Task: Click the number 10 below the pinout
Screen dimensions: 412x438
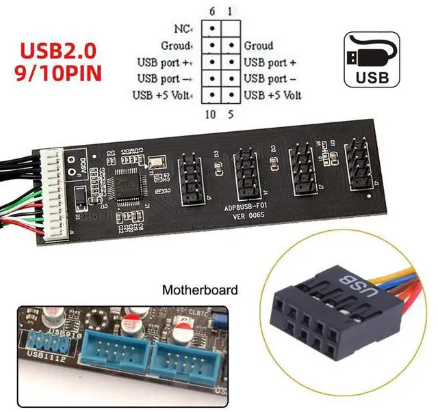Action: click(211, 114)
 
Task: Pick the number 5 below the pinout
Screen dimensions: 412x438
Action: click(231, 114)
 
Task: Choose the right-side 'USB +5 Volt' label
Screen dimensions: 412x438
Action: click(272, 94)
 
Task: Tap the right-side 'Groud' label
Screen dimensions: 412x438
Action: click(259, 46)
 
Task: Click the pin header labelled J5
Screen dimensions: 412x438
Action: click(189, 180)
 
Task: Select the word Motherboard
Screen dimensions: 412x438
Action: click(199, 290)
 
